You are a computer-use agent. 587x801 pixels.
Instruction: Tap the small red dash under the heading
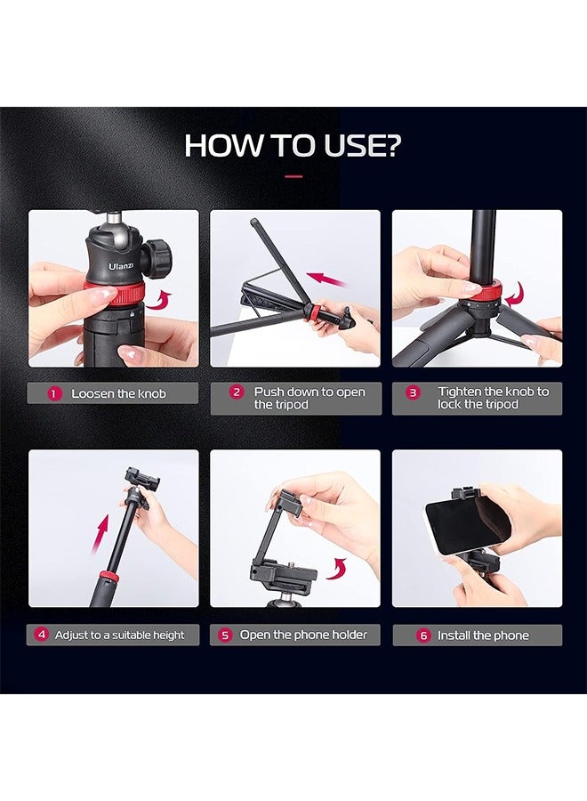point(293,176)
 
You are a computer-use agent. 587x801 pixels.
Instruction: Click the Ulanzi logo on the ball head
point(121,264)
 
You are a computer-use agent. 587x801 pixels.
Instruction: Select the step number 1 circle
point(55,393)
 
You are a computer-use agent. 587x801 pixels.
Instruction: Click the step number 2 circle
point(237,392)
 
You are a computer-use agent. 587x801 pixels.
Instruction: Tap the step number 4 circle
point(41,635)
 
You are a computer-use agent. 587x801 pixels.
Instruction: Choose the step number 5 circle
point(225,635)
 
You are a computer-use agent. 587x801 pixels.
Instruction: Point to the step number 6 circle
point(422,635)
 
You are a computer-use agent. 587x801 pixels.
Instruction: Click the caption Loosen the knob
point(118,393)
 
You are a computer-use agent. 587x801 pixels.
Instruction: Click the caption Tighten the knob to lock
point(493,398)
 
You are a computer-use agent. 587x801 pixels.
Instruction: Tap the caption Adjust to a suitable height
point(119,635)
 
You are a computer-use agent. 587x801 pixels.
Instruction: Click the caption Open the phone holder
point(302,635)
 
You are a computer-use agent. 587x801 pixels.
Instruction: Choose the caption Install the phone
point(483,635)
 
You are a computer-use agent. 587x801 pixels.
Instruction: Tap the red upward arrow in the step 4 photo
point(101,535)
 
